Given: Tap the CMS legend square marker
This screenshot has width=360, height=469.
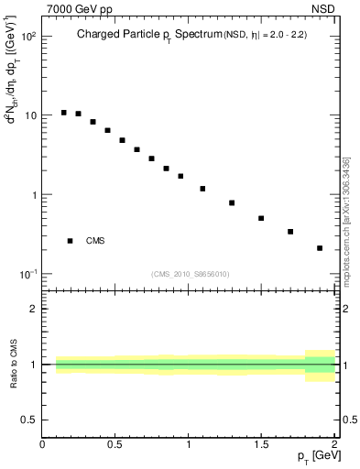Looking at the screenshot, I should click(x=70, y=241).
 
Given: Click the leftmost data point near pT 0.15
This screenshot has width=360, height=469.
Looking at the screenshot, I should click(x=63, y=113).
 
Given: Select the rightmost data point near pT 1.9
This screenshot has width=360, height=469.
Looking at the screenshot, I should click(x=320, y=247).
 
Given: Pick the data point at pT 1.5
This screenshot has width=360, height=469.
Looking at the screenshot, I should click(x=261, y=218).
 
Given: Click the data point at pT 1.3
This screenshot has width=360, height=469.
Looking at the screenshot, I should click(x=232, y=202).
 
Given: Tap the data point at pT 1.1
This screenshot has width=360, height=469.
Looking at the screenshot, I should click(x=202, y=189).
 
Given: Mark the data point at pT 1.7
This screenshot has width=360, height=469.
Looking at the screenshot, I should click(x=290, y=232).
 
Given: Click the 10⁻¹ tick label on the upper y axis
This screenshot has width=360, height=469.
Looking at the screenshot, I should click(x=27, y=274).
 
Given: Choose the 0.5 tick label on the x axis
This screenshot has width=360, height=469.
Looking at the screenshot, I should click(x=115, y=444).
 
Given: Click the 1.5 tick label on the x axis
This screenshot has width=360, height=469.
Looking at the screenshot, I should click(x=261, y=444).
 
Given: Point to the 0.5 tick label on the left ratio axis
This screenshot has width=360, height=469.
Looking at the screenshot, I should click(x=28, y=420).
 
